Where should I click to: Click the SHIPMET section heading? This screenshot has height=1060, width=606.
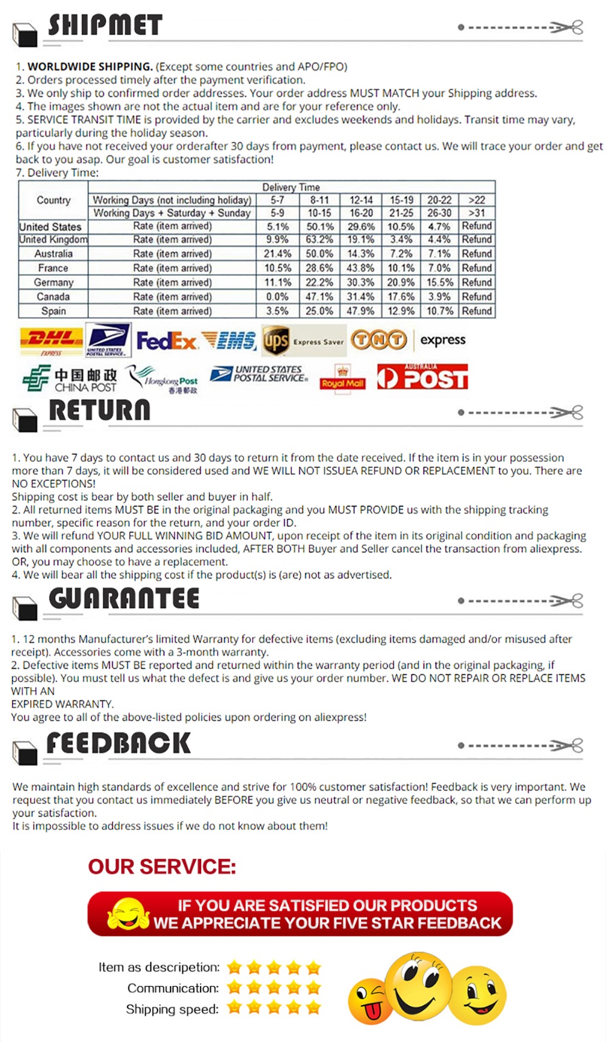105,25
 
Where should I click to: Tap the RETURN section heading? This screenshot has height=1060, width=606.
99,411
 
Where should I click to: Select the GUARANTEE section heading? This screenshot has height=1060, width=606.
124,599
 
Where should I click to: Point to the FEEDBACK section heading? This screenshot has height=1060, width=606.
118,743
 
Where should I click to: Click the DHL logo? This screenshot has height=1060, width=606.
51,340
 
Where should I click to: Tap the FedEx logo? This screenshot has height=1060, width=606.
167,341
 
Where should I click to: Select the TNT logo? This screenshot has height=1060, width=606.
379,340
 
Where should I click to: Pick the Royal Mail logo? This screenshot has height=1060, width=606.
343,379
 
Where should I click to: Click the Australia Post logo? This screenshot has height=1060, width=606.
422,377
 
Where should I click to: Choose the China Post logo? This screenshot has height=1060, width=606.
70,379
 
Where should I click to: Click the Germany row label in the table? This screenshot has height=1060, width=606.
53,283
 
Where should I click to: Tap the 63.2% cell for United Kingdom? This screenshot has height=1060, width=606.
319,240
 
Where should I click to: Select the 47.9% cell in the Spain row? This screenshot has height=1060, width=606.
361,311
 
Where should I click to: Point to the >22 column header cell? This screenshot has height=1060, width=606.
477,200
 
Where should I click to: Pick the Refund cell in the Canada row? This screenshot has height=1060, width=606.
477,297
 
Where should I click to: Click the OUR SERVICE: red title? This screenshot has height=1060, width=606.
162,867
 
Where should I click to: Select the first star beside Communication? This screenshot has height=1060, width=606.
235,988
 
